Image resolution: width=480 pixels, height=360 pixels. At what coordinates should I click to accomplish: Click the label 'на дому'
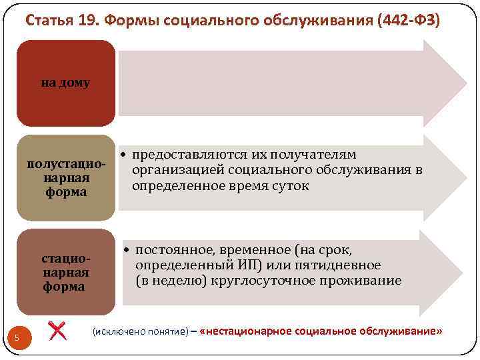click(65, 83)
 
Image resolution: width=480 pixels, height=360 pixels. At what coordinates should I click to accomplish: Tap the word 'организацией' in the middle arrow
click(176, 170)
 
